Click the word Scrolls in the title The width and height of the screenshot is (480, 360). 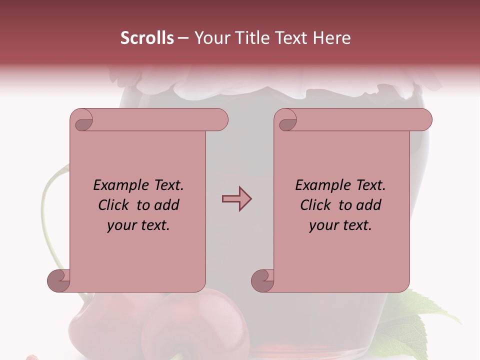tap(147, 38)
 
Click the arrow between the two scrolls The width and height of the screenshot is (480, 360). tap(236, 199)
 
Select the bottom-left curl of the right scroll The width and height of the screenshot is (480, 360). tap(263, 280)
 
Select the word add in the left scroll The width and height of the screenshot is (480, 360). tap(166, 205)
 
